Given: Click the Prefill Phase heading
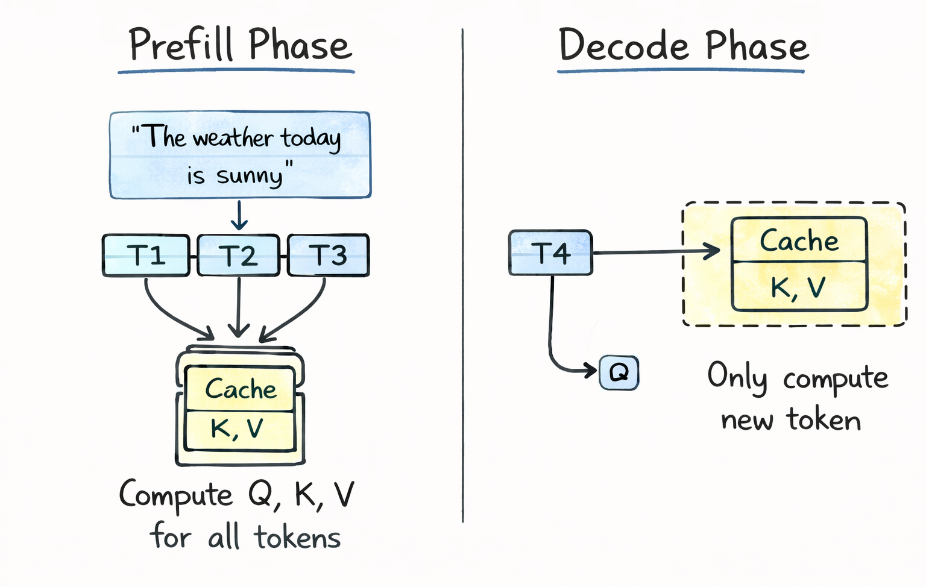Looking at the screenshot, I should point(239,45).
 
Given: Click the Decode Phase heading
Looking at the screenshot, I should point(683,46).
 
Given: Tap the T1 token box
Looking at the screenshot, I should point(146,256).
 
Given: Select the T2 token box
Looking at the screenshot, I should point(239,256).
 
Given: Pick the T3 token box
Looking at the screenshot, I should point(329,256).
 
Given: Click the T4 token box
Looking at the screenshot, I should point(550,253).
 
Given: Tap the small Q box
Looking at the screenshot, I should point(619,372).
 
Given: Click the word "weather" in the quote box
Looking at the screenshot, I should point(233,139).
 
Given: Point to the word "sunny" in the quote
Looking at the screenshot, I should point(249,176).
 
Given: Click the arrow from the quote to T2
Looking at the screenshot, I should point(239,215).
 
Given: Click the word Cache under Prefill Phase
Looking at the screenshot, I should point(241,389).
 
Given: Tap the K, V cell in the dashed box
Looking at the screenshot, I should point(798,287).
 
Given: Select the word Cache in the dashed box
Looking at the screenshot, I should point(799,241).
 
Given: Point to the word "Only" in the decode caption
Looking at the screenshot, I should point(737,377).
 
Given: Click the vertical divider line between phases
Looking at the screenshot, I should point(462,271).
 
